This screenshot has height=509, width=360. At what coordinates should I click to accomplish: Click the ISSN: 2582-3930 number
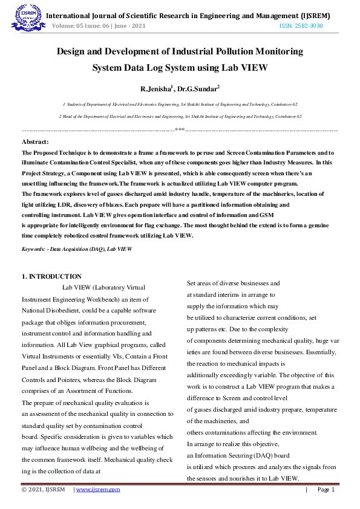tap(301, 26)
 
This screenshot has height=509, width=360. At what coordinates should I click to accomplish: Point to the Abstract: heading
tap(36, 141)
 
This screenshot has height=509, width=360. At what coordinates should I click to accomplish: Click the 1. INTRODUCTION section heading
tap(51, 276)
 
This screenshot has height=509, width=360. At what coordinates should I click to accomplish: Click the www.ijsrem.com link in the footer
tap(98, 489)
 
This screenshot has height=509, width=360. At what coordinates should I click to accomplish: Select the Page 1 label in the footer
tap(326, 489)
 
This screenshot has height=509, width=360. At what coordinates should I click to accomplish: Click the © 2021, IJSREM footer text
tap(44, 489)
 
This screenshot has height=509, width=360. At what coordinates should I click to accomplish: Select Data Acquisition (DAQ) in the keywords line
tap(77, 248)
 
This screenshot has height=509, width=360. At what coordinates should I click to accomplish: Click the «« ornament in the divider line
tap(180, 130)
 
